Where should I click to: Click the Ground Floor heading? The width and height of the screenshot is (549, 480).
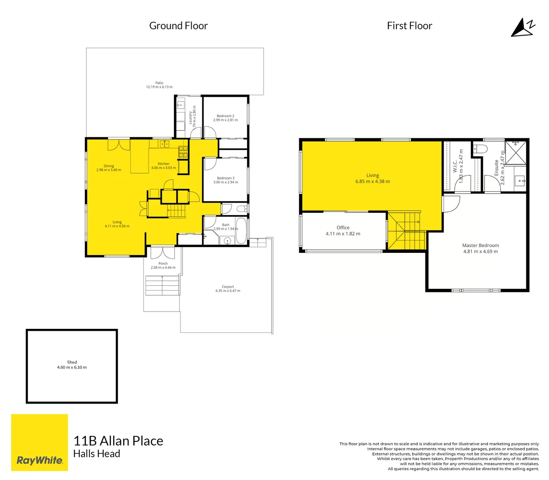click(x=178, y=26)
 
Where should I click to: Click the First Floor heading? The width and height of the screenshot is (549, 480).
click(x=409, y=26)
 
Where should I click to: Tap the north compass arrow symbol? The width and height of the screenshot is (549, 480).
click(x=523, y=28)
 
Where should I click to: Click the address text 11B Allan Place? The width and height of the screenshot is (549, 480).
click(x=118, y=441)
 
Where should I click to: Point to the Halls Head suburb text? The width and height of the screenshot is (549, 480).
click(x=96, y=454)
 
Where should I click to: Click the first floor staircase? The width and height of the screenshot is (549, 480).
click(x=406, y=231)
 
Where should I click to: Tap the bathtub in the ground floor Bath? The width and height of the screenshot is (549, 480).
click(x=241, y=230)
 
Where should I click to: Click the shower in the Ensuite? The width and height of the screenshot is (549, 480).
click(x=515, y=152)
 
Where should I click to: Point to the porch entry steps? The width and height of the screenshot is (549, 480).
click(x=162, y=285)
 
